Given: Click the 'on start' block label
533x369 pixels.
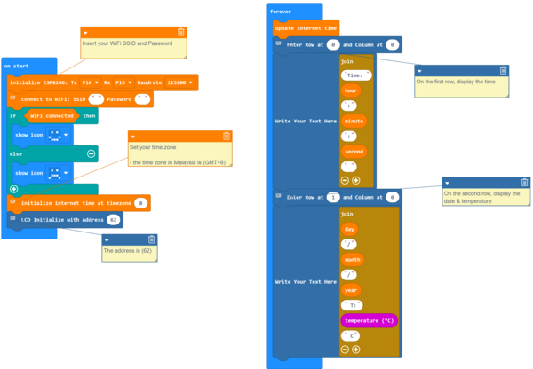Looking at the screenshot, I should [x=16, y=67].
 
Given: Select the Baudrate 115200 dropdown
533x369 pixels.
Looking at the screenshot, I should [x=181, y=82].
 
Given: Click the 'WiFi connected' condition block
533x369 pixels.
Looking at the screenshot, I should [x=52, y=115].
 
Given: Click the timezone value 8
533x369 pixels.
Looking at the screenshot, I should [x=140, y=203].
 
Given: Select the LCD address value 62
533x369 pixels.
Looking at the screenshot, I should [x=113, y=219].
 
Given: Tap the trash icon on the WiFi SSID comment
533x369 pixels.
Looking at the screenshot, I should [x=181, y=32].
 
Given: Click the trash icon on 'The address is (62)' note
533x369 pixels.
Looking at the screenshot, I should [x=151, y=239].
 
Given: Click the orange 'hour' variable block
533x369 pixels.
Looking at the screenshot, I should [x=352, y=90].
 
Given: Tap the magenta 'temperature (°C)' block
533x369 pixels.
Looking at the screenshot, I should [x=369, y=320].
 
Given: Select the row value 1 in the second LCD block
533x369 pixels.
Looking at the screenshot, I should [x=333, y=197].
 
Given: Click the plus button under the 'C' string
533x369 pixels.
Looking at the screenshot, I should [x=355, y=349].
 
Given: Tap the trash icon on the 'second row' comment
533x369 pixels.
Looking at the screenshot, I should [x=524, y=183].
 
